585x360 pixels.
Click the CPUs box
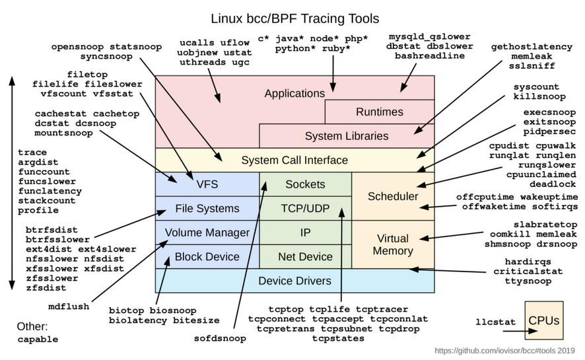543,321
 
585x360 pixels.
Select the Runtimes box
379,112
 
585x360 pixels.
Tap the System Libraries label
347,136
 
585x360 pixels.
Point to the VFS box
207,184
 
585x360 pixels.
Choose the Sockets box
305,184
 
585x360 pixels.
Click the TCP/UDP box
305,208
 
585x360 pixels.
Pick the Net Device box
305,256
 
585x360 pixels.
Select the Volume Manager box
207,233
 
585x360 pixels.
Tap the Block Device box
207,256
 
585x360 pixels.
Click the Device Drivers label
294,281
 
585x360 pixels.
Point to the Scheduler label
393,196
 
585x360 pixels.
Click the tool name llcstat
495,322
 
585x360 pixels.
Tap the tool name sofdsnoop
219,338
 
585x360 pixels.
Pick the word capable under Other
38,340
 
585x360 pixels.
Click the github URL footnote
505,351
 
